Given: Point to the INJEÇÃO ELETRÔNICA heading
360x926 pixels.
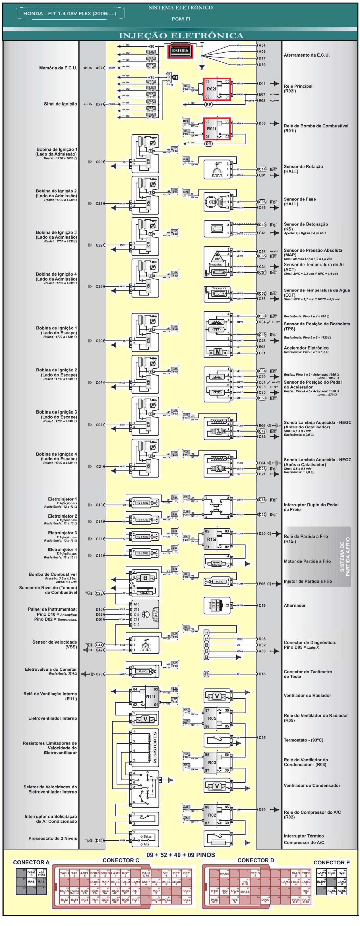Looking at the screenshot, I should pos(181,36).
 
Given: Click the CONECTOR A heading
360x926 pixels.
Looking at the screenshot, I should pos(31,862).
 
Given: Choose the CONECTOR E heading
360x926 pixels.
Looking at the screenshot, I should pos(331,862).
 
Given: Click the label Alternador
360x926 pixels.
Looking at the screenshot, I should pos(295,605).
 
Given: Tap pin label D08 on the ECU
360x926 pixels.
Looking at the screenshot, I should pos(262,123).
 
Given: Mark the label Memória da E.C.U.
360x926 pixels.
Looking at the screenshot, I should pos(58,68).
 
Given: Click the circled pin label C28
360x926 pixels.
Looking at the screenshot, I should pos(99,593).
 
